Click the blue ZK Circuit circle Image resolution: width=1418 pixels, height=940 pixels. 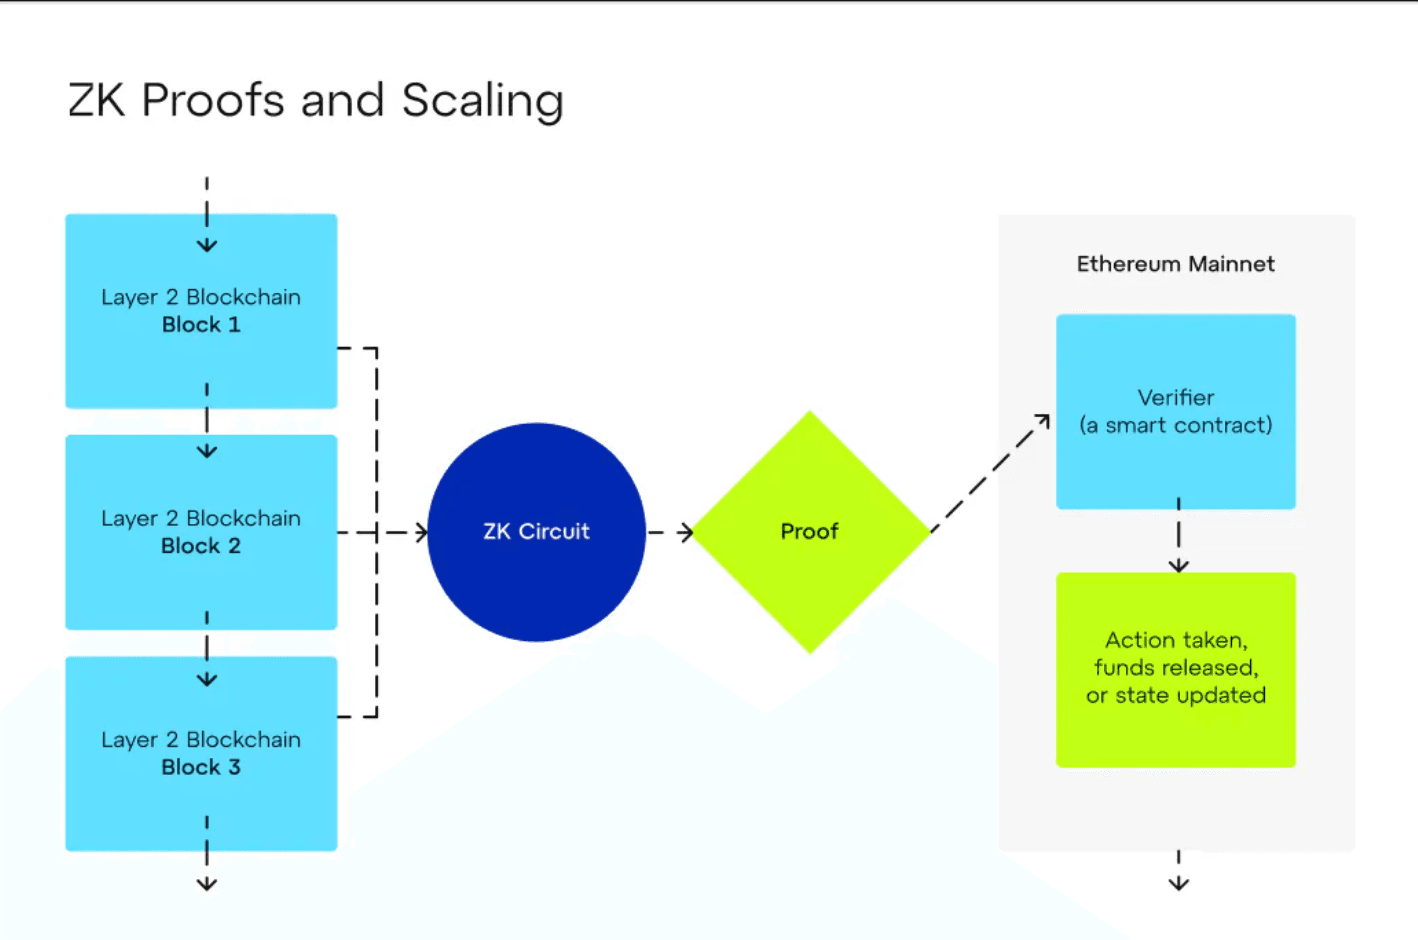click(536, 532)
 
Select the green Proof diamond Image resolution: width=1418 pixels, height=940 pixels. click(810, 532)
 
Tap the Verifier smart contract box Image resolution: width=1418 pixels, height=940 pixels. click(1175, 411)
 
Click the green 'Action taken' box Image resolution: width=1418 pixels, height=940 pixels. click(1175, 668)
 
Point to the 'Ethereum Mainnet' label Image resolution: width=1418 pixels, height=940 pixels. click(1175, 264)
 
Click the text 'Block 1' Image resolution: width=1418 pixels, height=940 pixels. click(201, 325)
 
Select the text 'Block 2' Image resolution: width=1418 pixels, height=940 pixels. click(201, 546)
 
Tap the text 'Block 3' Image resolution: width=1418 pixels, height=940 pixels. click(201, 767)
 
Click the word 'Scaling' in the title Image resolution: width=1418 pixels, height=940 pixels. click(482, 101)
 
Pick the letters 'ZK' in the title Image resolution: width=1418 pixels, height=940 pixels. click(96, 101)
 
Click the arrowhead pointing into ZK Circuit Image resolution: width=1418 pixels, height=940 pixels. click(421, 533)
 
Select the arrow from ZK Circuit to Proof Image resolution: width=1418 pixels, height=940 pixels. click(672, 533)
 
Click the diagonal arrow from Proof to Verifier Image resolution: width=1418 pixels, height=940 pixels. click(990, 472)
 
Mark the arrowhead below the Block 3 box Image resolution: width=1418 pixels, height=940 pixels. click(207, 883)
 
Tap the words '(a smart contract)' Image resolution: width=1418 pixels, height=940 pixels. click(1175, 425)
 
